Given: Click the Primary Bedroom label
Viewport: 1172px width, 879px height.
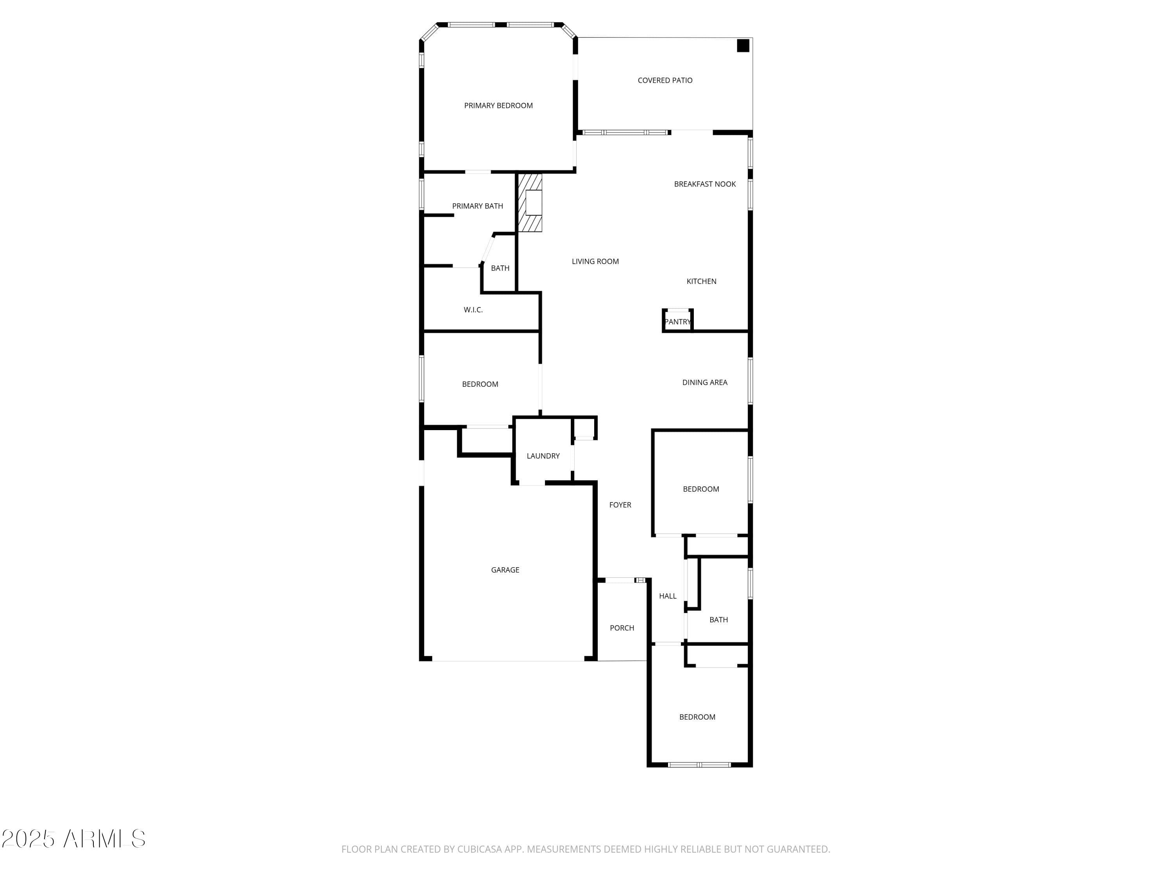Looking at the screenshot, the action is pos(498,105).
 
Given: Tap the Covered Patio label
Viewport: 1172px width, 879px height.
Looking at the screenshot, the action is pos(665,80).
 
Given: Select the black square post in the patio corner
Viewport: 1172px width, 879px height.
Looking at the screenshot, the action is pos(743,46).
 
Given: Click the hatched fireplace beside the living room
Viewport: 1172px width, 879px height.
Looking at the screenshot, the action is pos(530,202).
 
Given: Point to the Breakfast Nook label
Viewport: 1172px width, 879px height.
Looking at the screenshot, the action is pos(705,184).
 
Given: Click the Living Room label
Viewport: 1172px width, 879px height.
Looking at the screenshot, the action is pos(595,261).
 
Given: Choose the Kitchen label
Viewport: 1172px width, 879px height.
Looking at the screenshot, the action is pos(701,281).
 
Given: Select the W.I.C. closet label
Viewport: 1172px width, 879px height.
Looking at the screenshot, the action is pos(473,310).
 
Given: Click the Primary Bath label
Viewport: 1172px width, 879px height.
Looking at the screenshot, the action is pos(477,206).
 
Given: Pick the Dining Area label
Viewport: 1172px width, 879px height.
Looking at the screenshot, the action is pos(705,382).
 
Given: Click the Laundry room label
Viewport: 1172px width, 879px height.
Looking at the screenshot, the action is pos(543,456).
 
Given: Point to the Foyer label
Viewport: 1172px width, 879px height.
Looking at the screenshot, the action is pos(620,505).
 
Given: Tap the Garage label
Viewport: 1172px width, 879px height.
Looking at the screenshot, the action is pos(505,570).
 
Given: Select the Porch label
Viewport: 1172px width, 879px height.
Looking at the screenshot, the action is pos(622,628).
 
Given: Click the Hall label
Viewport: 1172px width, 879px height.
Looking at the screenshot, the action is pos(668,596).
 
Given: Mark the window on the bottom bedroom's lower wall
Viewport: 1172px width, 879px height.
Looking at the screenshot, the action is pos(699,765).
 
